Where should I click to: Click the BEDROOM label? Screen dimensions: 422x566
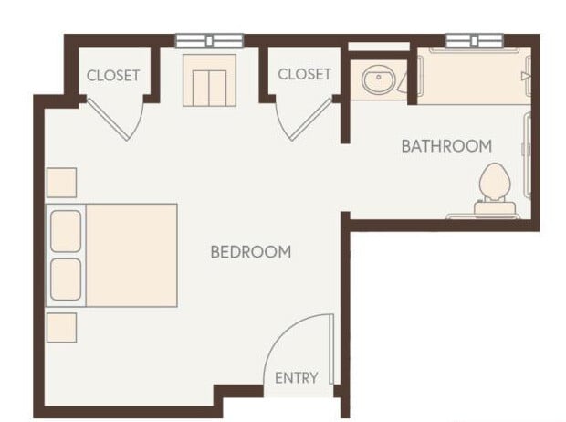point(251,252)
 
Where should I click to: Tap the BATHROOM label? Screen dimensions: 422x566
point(446,145)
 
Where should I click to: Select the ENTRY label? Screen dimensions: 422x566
point(297,378)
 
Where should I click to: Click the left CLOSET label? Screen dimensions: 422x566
point(113,75)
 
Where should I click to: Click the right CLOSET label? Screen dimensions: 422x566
point(304,74)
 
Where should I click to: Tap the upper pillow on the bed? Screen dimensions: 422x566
point(66,231)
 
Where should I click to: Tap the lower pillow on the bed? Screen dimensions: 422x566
point(66,278)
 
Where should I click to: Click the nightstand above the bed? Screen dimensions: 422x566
point(61,183)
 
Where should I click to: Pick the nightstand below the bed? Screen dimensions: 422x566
point(61,327)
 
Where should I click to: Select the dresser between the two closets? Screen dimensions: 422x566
point(210,84)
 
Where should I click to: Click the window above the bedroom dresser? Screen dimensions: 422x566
point(210,40)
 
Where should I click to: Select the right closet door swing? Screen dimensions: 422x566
point(304,117)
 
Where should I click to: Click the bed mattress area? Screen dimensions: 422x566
point(131,255)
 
